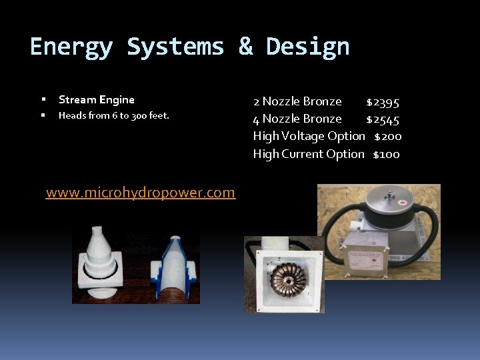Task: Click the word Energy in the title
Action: click(x=71, y=47)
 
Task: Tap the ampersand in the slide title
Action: click(x=245, y=47)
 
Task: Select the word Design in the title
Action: click(x=307, y=47)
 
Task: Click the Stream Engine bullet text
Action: click(x=97, y=100)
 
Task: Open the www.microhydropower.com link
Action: click(x=141, y=193)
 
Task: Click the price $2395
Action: click(x=383, y=102)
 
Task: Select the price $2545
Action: click(x=383, y=119)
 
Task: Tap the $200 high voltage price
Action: click(x=387, y=137)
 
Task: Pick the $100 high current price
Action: click(x=386, y=154)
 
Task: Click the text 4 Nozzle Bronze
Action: click(x=297, y=119)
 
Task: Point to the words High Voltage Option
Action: click(x=309, y=137)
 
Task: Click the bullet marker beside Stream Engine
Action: click(x=42, y=100)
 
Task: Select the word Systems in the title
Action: click(x=175, y=47)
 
